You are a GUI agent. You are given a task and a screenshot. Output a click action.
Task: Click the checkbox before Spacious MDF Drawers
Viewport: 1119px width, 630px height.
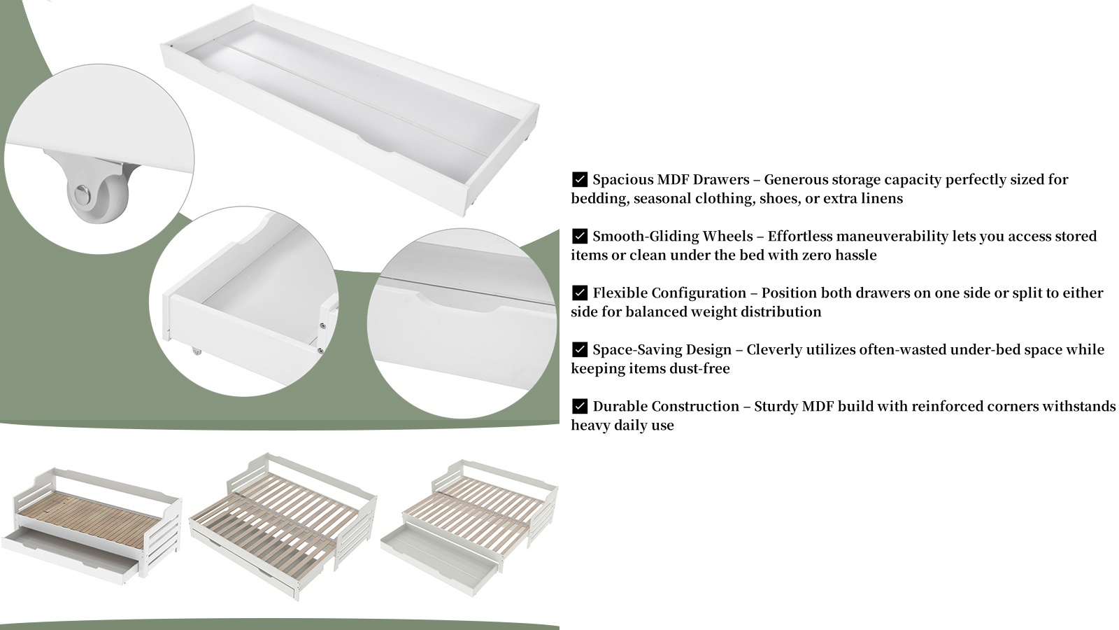click(x=580, y=179)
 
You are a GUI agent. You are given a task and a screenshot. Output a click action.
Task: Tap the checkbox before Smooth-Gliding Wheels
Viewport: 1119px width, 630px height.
click(x=580, y=235)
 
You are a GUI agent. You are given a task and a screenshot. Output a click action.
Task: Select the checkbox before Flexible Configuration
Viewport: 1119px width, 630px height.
click(x=580, y=293)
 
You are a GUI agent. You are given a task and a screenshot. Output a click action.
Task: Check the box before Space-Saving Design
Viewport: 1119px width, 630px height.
click(x=580, y=349)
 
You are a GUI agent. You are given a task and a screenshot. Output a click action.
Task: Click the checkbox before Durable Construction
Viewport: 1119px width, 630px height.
click(x=580, y=405)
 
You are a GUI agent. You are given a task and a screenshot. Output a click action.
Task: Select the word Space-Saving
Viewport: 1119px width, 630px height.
click(x=637, y=350)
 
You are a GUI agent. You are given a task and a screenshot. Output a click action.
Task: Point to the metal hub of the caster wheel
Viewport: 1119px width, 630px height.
click(x=83, y=193)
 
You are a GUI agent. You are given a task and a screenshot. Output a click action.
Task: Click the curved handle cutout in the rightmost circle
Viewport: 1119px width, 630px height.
click(x=457, y=304)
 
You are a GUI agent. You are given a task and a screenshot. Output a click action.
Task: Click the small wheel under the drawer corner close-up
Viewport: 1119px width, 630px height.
click(x=197, y=351)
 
